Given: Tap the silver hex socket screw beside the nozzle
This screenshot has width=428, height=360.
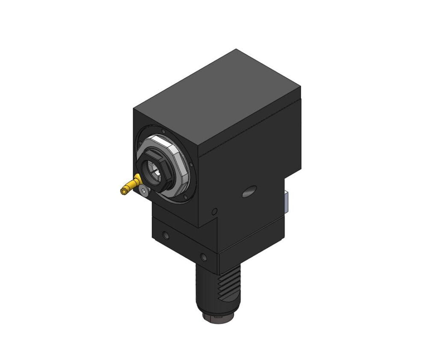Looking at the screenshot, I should (x=144, y=192).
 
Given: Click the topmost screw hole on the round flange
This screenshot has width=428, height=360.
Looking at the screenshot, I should (x=163, y=131).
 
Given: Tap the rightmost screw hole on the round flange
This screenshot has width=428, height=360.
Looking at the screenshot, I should (x=191, y=164).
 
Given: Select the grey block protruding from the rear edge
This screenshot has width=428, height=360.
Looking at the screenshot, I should (x=286, y=202).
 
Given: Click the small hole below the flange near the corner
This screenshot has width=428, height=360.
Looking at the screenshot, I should (x=214, y=211).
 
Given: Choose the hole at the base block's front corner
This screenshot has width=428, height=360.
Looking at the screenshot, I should (x=203, y=257).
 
